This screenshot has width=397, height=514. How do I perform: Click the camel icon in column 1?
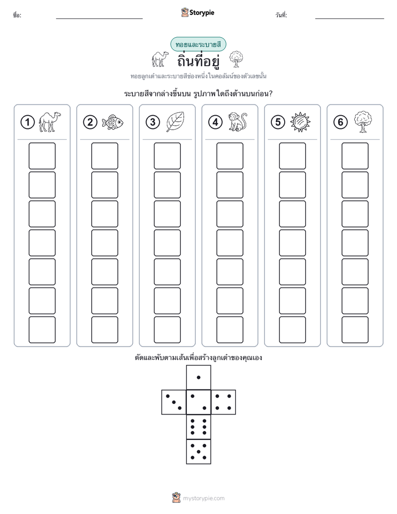click(50, 122)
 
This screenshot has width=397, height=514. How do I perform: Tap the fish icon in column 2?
click(112, 122)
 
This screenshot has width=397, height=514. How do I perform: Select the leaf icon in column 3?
click(175, 122)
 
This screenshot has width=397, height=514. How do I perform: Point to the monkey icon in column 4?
click(237, 122)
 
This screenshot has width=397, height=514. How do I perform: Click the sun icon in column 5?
click(300, 122)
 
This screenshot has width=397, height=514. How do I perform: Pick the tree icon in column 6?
click(363, 122)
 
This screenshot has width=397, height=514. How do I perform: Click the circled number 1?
click(27, 122)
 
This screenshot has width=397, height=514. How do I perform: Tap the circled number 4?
click(215, 122)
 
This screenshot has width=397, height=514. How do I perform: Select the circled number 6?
click(340, 122)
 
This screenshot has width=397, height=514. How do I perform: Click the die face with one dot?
click(198, 377)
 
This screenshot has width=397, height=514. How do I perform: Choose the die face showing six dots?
click(198, 427)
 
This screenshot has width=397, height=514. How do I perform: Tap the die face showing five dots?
click(198, 451)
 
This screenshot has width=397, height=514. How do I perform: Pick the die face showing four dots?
click(224, 402)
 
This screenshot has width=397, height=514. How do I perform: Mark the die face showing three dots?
click(174, 402)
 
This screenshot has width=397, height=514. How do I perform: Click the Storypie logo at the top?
click(197, 12)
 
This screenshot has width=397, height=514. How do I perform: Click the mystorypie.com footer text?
click(204, 498)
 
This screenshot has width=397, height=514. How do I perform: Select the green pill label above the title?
click(198, 45)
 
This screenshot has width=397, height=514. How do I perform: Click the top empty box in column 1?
click(42, 156)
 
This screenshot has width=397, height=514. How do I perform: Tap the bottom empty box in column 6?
click(355, 330)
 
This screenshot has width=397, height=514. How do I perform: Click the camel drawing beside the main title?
click(160, 59)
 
